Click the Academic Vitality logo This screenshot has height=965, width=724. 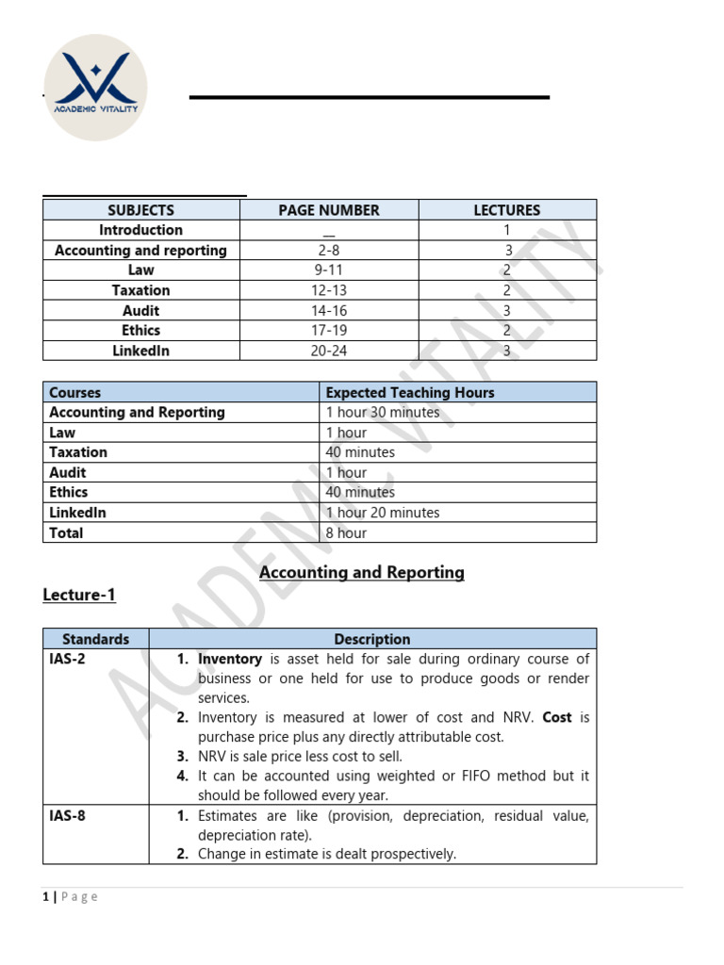click(95, 88)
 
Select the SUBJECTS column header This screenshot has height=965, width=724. click(140, 210)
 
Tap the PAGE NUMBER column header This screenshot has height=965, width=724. click(328, 210)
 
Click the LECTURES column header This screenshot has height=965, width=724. click(506, 210)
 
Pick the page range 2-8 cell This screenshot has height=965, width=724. click(328, 251)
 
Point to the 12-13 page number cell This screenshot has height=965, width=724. click(328, 290)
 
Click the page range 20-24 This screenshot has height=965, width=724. click(328, 351)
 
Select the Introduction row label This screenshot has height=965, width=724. click(140, 230)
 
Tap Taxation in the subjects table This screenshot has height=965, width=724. click(140, 290)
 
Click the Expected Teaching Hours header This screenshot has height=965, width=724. click(409, 392)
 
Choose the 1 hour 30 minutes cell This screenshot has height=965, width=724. click(382, 412)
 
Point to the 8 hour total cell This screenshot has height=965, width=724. click(346, 532)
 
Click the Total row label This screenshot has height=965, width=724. click(66, 532)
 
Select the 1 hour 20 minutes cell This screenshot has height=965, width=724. click(382, 513)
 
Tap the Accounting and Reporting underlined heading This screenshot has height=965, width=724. click(361, 572)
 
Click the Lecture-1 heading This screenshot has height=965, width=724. click(79, 595)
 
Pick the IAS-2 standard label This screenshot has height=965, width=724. click(67, 659)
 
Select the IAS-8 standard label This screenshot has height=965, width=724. click(67, 815)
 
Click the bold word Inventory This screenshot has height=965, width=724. click(229, 659)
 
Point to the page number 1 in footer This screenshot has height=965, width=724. click(45, 896)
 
